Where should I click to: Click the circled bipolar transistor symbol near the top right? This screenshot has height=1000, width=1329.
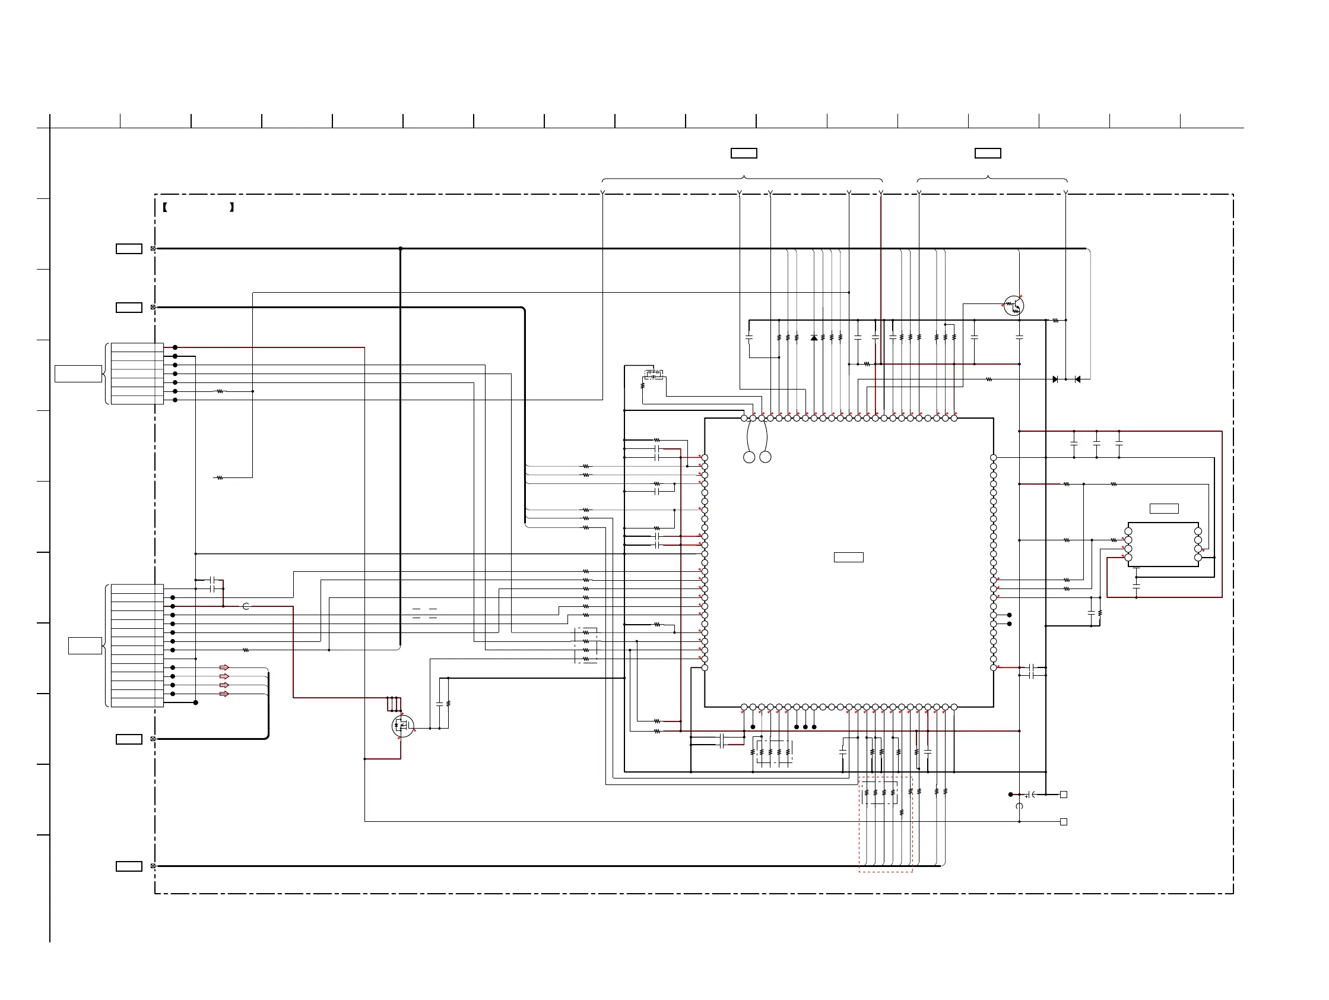1014,306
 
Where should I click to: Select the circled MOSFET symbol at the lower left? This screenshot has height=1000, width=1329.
402,727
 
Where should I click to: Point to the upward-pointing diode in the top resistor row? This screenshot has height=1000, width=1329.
814,338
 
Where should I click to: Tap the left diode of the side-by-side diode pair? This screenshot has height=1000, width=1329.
1055,379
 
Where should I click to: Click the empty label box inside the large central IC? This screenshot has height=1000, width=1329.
848,557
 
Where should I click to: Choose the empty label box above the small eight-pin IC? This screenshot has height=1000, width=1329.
1164,508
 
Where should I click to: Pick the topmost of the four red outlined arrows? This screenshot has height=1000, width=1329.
224,667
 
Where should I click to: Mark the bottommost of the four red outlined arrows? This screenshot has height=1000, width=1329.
224,694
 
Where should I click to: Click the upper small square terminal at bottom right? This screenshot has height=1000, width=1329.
1064,795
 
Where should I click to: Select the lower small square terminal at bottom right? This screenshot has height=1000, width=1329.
1064,821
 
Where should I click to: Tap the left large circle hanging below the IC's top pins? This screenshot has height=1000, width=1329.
749,457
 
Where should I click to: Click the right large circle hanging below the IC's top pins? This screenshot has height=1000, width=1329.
766,457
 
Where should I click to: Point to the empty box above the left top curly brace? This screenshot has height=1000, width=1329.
744,153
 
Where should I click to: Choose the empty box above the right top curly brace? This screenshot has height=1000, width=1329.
988,153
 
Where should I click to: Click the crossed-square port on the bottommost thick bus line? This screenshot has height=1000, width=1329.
153,866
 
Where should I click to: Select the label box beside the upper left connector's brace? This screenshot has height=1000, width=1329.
78,373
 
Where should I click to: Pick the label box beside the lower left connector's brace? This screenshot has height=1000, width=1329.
85,645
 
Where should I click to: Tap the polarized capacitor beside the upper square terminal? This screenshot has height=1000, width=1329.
1029,795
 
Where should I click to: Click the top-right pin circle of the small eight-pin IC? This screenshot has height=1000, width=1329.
1198,531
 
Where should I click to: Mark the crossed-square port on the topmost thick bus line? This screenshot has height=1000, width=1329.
153,248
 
